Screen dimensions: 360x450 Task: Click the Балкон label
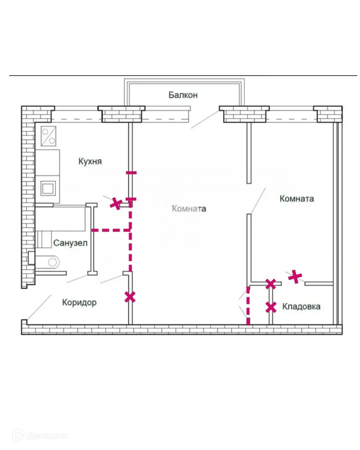[x=183, y=95]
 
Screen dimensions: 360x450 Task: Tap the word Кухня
[x=90, y=161]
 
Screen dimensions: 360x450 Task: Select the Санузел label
[x=70, y=243]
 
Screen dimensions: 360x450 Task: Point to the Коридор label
[x=79, y=302]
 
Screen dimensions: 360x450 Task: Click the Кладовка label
[x=301, y=306]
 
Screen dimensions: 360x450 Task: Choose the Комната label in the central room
[x=189, y=209]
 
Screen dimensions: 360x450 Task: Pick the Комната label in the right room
[x=297, y=199]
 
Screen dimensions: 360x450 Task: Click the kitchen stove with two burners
[x=48, y=136]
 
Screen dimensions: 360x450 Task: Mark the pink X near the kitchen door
[x=116, y=203]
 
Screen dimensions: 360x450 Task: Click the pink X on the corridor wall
[x=130, y=297]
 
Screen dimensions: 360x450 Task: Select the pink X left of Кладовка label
[x=271, y=307]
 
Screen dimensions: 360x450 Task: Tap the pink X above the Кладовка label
[x=295, y=276]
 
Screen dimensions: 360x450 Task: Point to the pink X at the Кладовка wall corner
[x=271, y=284]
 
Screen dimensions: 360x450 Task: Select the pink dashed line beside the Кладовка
[x=248, y=305]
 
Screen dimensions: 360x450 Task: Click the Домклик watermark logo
[x=40, y=435]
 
